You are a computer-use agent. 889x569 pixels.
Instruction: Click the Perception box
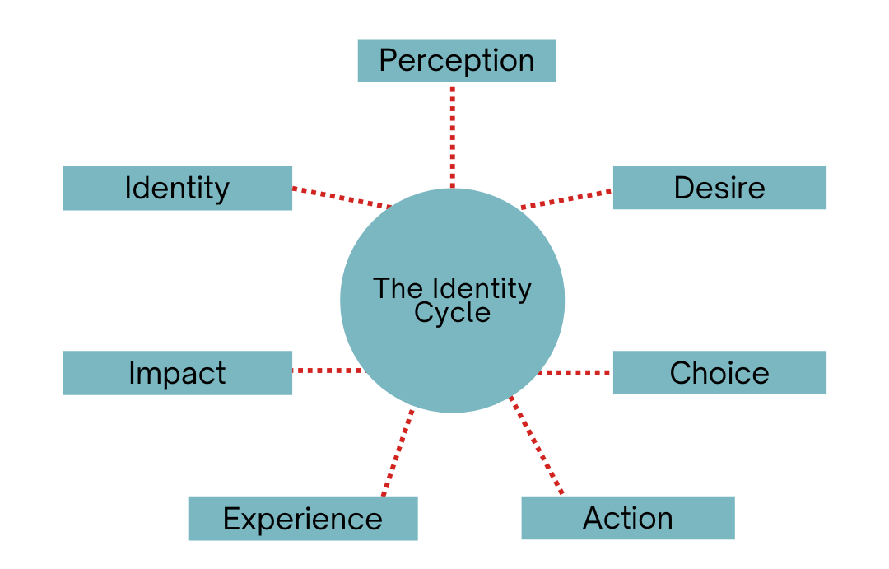[x=456, y=61]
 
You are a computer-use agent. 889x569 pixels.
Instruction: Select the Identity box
[x=177, y=188]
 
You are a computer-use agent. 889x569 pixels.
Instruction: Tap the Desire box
[x=719, y=188]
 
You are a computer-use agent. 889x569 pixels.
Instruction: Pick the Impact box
[x=177, y=373]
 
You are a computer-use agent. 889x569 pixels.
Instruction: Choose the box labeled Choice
[x=719, y=373]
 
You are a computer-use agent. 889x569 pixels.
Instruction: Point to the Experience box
[x=302, y=519]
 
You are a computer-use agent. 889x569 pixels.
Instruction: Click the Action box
[x=627, y=518]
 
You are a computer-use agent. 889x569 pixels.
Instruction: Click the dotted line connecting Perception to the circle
[x=452, y=136]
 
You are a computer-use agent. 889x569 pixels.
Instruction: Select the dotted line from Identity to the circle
[x=341, y=198]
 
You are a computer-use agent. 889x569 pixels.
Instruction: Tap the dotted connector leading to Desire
[x=567, y=199]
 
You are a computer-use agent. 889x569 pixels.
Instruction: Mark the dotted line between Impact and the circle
[x=327, y=371]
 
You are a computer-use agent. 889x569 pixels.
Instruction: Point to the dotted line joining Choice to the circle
[x=575, y=373]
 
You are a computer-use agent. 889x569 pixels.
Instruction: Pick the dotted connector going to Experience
[x=398, y=453]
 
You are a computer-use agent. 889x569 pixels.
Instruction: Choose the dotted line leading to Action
[x=537, y=446]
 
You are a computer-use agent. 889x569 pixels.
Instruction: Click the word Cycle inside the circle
[x=452, y=313]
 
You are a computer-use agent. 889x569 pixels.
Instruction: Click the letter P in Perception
[x=388, y=61]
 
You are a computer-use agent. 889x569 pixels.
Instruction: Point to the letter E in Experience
[x=231, y=519]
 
